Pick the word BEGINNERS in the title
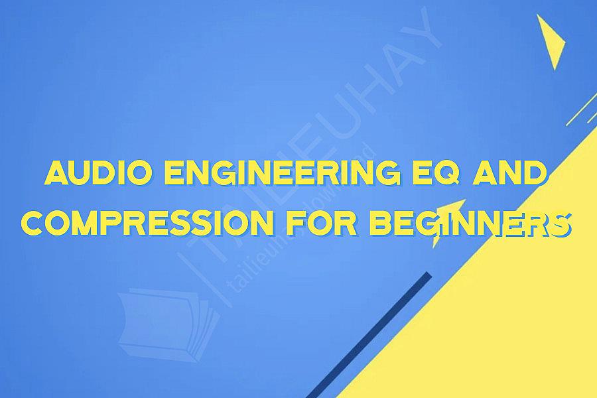coord(470,224)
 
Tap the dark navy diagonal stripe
coord(371,332)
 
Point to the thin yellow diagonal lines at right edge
coord(582,109)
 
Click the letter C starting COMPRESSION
coord(33,224)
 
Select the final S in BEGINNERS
coord(561,224)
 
